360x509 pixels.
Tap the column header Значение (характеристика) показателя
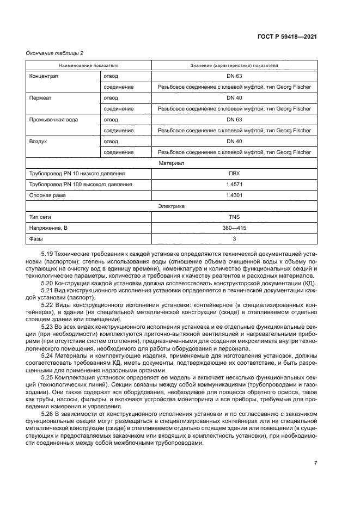click(x=234, y=65)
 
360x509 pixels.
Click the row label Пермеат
click(x=40, y=97)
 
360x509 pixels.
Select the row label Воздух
click(x=38, y=141)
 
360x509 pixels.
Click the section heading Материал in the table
click(x=171, y=163)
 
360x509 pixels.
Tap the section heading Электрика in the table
click(x=171, y=206)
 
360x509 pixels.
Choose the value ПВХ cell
click(x=234, y=174)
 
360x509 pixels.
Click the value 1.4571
click(x=234, y=185)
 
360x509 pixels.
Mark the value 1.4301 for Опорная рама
click(x=234, y=195)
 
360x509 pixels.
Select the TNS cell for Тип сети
click(x=234, y=217)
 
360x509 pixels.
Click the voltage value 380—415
click(x=234, y=228)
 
